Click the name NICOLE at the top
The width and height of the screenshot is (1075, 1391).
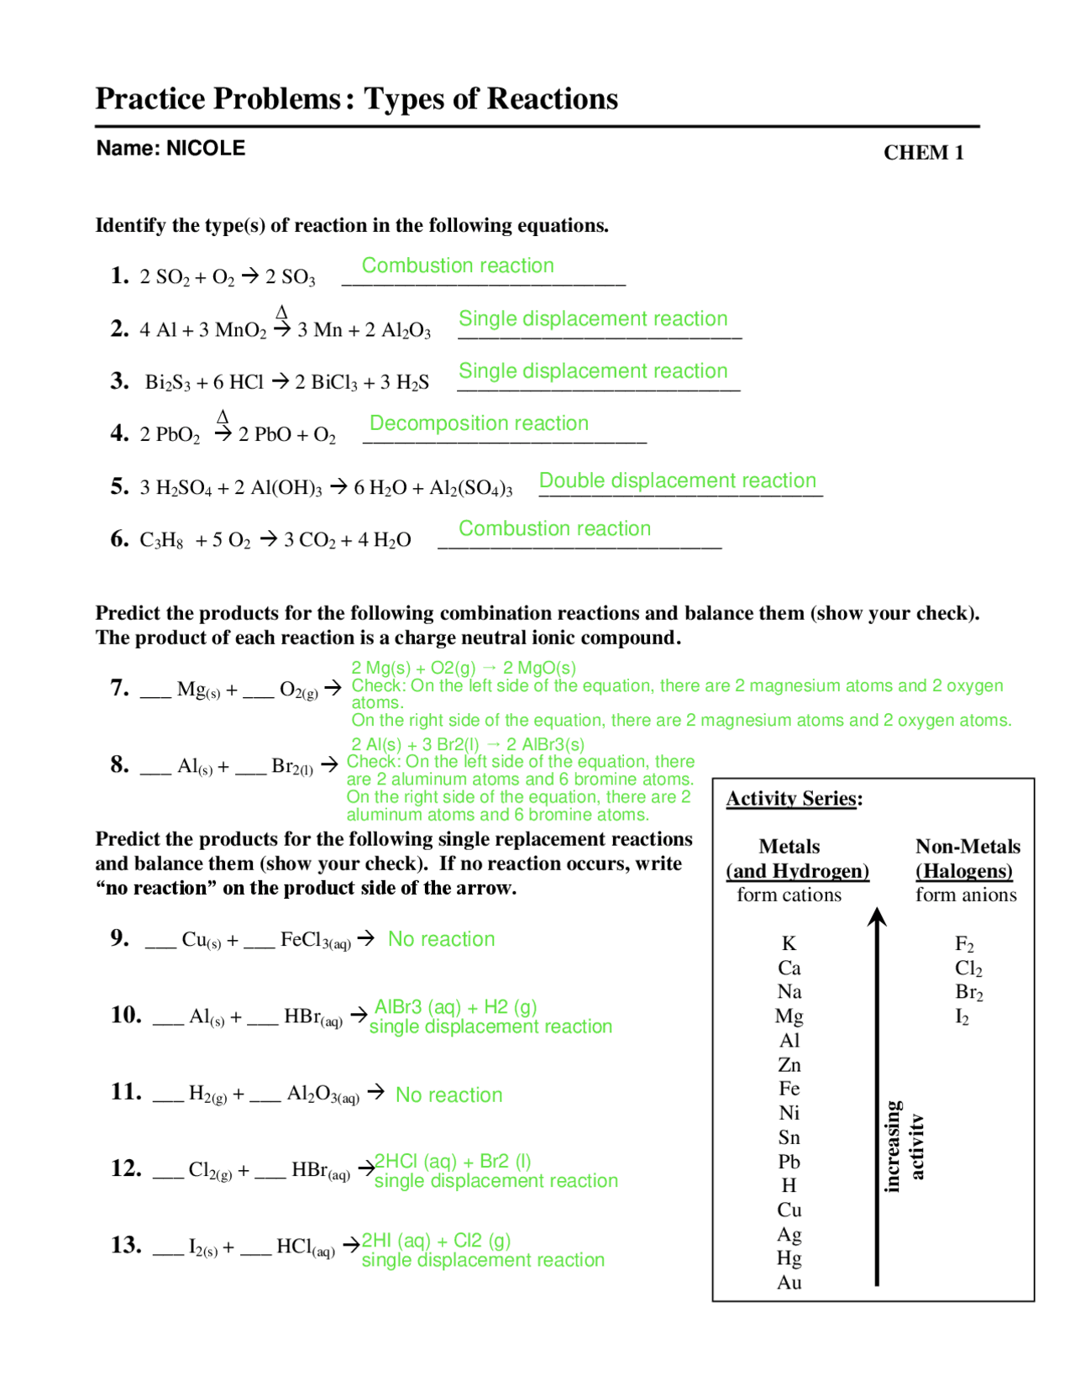(x=206, y=149)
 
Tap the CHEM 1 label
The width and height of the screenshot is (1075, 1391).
(x=923, y=153)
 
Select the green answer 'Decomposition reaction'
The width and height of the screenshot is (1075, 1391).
(x=479, y=423)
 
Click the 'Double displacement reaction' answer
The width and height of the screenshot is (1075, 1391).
(x=677, y=480)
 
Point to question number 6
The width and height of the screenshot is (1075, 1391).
(x=119, y=538)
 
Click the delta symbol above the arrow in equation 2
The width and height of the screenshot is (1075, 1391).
(x=282, y=312)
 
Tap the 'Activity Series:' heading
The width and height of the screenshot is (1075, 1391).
(x=794, y=799)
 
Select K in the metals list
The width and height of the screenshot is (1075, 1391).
(x=789, y=943)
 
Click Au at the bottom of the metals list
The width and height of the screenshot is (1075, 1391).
(x=789, y=1283)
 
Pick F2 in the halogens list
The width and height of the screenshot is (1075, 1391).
(x=964, y=944)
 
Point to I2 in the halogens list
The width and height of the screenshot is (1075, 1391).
(x=962, y=1017)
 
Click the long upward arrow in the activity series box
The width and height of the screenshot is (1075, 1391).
(x=877, y=1092)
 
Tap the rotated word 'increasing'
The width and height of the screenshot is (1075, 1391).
(x=892, y=1146)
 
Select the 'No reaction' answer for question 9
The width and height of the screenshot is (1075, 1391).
(x=441, y=939)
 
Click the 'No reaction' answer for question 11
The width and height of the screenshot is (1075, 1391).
(x=448, y=1095)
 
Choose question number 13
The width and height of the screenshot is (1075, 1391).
(x=126, y=1245)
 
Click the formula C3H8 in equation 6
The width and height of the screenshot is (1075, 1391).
(x=161, y=540)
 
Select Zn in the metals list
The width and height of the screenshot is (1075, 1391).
(x=789, y=1065)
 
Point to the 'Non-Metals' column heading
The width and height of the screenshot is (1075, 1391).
(x=967, y=847)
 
